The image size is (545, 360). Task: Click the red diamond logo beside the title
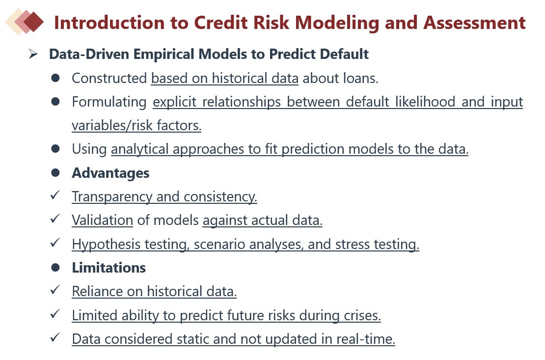25,22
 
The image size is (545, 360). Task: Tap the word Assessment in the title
474,23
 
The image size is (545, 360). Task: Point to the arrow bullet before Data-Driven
33,54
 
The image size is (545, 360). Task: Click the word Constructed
109,78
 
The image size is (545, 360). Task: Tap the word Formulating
109,102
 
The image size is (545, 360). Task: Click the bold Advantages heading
110,173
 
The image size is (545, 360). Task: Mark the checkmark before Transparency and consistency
55,195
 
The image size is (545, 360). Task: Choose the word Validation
102,220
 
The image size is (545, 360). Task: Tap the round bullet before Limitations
55,268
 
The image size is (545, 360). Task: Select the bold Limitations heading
109,268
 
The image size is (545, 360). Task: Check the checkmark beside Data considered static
55,338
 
